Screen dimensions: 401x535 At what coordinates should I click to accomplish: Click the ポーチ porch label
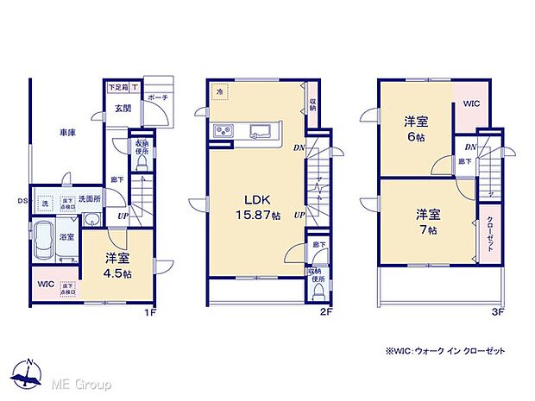pos(157,98)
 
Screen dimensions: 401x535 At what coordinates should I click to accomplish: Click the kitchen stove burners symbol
pos(223,132)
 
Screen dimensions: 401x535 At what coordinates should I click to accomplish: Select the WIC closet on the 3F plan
pos(471,104)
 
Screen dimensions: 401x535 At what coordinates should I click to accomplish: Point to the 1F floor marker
pos(149,311)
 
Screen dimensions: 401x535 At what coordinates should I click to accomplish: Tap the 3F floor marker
pos(495,311)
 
